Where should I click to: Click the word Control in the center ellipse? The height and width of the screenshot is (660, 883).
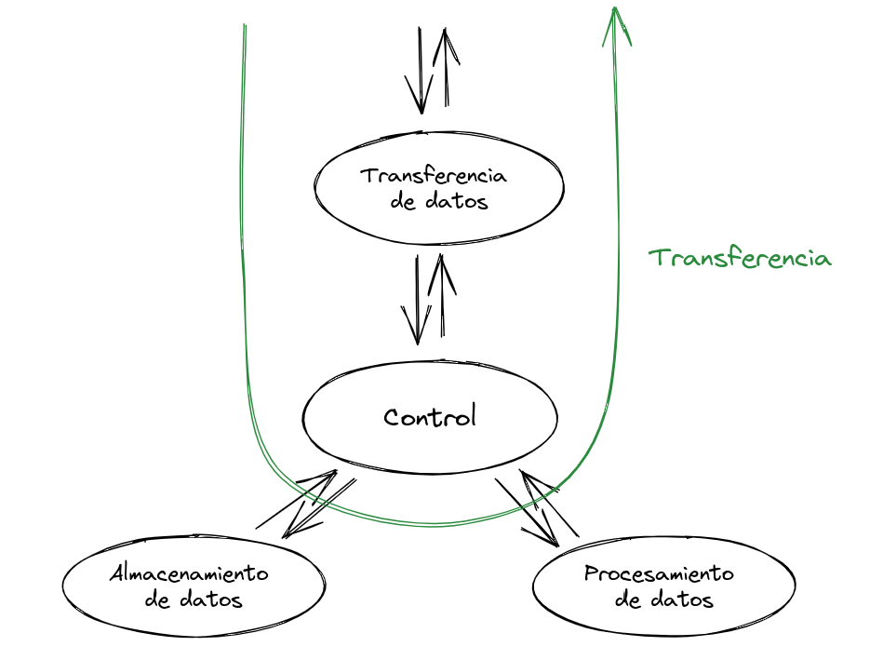coord(430,416)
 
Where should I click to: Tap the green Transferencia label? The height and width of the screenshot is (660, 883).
coord(740,258)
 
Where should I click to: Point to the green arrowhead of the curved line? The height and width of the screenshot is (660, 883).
coord(615,22)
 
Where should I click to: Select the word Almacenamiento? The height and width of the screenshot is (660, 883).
coord(189,572)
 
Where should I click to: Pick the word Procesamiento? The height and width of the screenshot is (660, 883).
coord(659,573)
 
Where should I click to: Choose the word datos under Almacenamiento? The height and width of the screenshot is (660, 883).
coord(211,599)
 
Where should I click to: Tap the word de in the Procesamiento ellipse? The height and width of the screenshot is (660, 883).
coord(629,599)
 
